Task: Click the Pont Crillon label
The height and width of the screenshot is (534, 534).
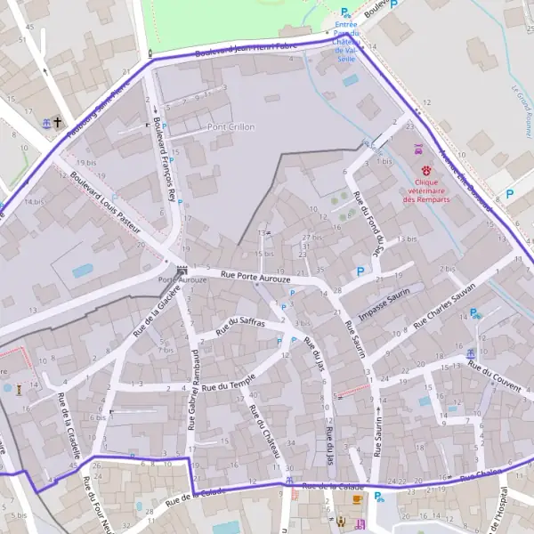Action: pyautogui.click(x=231, y=127)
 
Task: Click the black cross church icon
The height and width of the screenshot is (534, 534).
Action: pyautogui.click(x=59, y=121)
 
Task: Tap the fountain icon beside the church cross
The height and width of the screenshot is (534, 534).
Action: pyautogui.click(x=45, y=121)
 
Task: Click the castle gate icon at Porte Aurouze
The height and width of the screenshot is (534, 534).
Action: pyautogui.click(x=182, y=270)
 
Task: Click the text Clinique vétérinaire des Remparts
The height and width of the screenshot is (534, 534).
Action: pyautogui.click(x=426, y=190)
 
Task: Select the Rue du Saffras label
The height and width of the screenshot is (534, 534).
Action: pyautogui.click(x=240, y=323)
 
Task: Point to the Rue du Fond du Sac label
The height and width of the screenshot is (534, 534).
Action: pyautogui.click(x=368, y=223)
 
